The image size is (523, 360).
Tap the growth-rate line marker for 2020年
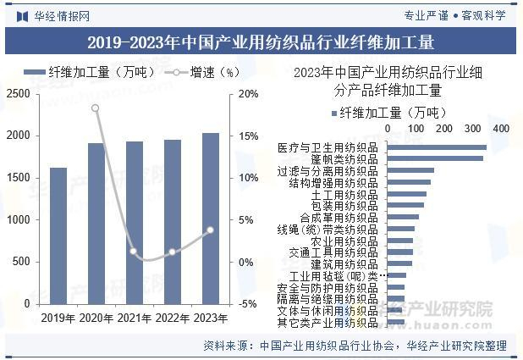[x=95, y=108]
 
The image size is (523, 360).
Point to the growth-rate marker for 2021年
[x=133, y=251]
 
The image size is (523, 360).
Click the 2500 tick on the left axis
[x=17, y=94]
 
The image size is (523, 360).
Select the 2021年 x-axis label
[x=134, y=318]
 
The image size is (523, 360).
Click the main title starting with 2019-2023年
[x=261, y=42]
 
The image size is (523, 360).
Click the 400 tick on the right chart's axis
[x=500, y=129]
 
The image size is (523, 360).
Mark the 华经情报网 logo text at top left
[x=61, y=15]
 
